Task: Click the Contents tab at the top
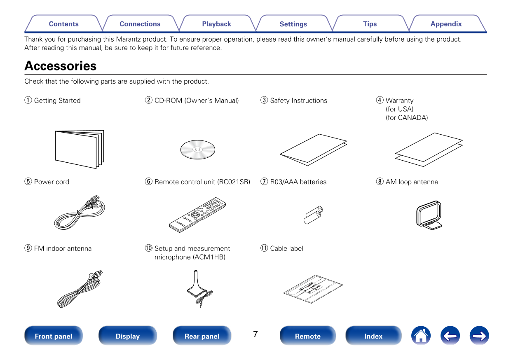coord(63,24)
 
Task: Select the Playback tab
coord(216,24)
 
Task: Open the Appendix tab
coord(446,24)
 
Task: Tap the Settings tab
coord(293,24)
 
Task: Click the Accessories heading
coord(61,66)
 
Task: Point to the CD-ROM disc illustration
coord(198,149)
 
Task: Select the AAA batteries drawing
coord(313,215)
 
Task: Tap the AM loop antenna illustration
coord(429,215)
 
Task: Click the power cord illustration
coord(80,213)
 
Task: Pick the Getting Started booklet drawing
coord(80,149)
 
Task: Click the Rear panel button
coord(202,336)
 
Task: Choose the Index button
coord(373,336)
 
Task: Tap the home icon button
coord(421,336)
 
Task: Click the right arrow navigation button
coord(479,336)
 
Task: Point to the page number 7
coord(255,334)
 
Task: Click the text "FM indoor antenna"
coord(63,248)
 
